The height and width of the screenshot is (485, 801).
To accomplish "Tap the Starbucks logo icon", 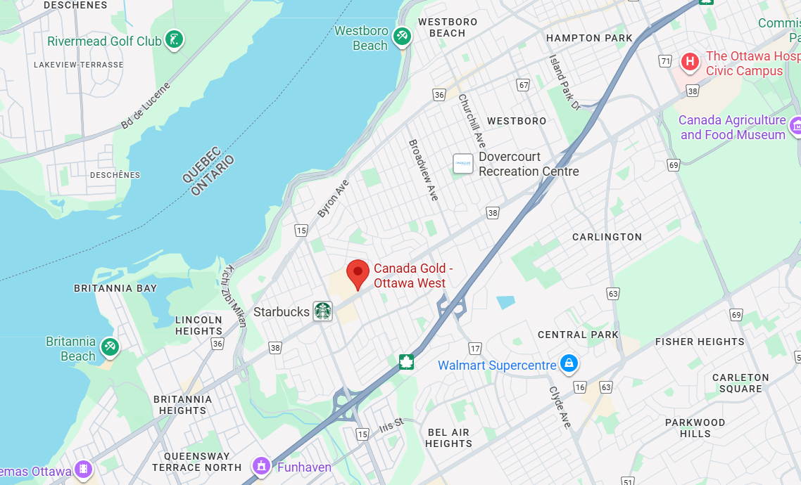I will (322, 311).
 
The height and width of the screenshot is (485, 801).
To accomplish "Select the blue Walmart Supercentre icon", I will (569, 364).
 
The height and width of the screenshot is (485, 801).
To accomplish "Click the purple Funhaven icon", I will (261, 466).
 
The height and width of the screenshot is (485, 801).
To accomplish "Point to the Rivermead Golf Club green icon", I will (174, 39).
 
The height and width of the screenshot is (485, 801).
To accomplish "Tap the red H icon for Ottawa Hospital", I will (690, 63).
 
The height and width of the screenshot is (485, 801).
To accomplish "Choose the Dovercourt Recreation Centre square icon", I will (462, 164).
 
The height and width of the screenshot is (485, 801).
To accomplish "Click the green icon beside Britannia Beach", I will (109, 347).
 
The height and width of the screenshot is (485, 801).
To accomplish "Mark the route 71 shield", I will (665, 61).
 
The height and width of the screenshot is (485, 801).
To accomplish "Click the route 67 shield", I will (522, 85).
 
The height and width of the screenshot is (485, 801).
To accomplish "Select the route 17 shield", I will (475, 349).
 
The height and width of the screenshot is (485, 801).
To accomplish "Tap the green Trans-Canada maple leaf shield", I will (406, 362).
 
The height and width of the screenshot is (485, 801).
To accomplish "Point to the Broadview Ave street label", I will (424, 169).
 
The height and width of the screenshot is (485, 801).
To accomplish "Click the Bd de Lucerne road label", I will (146, 106).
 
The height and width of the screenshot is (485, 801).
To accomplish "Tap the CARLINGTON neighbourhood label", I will (607, 237).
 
